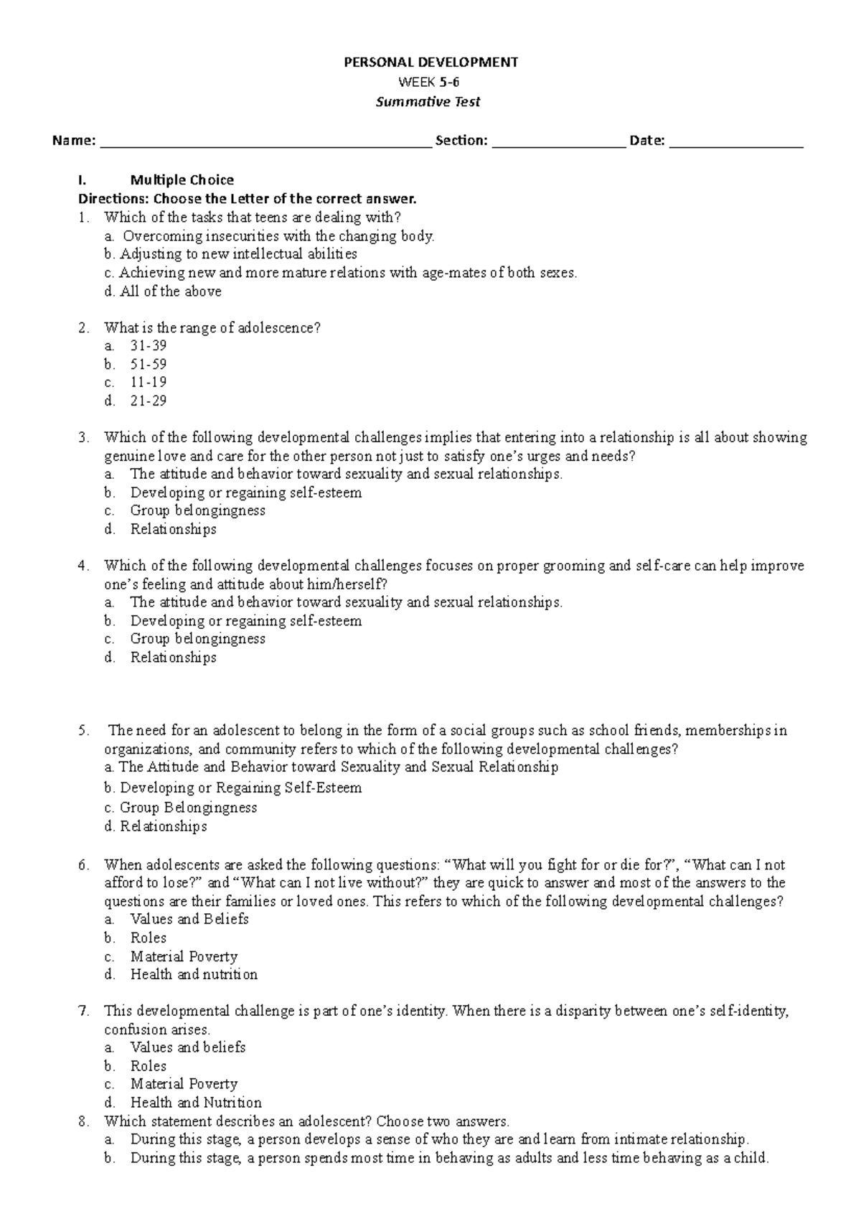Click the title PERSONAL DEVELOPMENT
(x=430, y=62)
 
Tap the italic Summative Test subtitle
(x=428, y=102)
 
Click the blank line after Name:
(x=265, y=142)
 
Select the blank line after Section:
(x=559, y=142)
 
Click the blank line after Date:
(x=735, y=142)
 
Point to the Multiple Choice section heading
(x=182, y=179)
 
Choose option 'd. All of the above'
(x=163, y=291)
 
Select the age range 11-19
(x=149, y=383)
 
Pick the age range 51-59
(x=149, y=365)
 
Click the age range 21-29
(x=149, y=401)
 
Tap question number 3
(x=84, y=437)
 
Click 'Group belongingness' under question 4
(x=197, y=639)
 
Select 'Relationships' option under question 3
(x=173, y=529)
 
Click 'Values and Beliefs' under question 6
(x=189, y=920)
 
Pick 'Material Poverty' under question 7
(x=184, y=1084)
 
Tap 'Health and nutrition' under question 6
(x=194, y=975)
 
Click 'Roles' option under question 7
(x=148, y=1066)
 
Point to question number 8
(x=84, y=1121)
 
